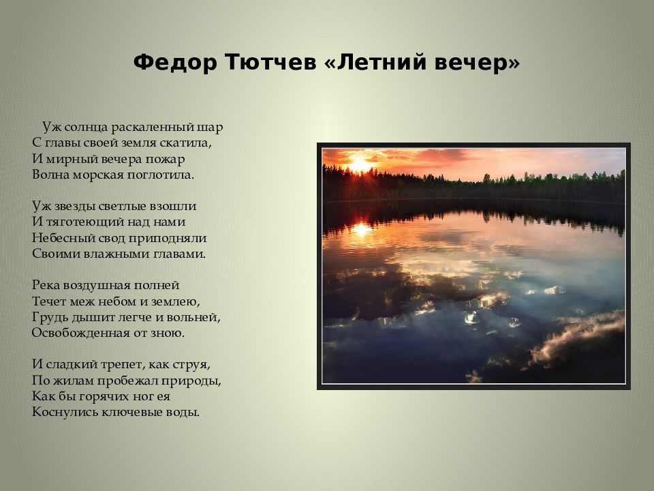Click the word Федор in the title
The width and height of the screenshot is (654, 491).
coord(175,63)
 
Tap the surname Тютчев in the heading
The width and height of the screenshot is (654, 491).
coord(270,62)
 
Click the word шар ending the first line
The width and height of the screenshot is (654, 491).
coord(210,128)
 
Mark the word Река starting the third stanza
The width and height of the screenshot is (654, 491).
coord(46,286)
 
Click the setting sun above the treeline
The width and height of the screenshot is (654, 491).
coord(359,164)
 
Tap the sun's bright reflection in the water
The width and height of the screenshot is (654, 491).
coord(361,228)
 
